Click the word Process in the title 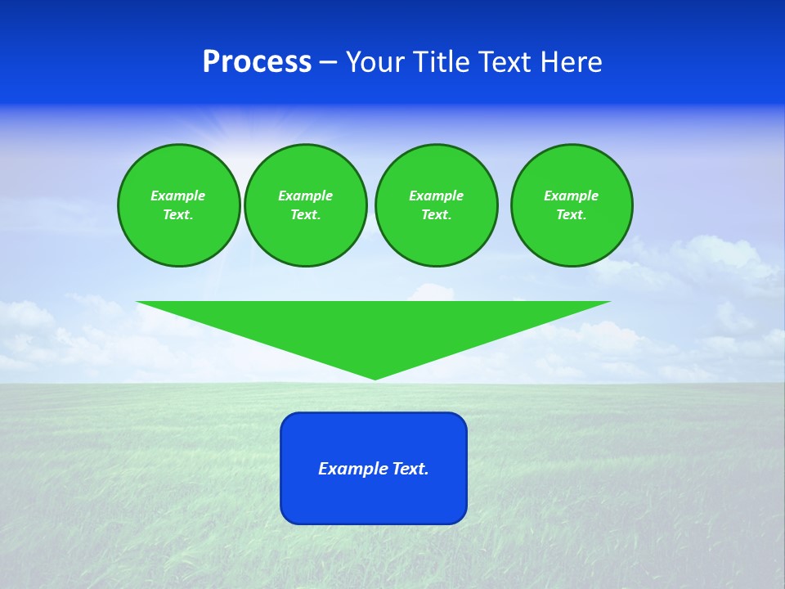(257, 62)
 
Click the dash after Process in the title (329, 63)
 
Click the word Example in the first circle (178, 196)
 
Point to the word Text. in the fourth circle (571, 214)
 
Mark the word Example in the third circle (436, 196)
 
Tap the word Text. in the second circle (305, 214)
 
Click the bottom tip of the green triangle (375, 377)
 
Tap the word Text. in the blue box (410, 469)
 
